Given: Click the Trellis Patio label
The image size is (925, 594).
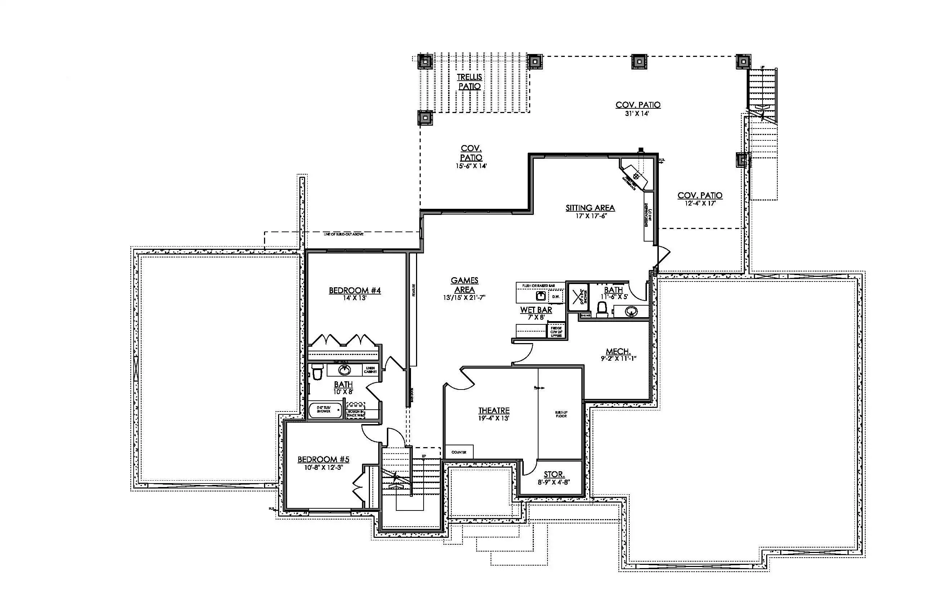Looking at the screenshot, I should tap(469, 81).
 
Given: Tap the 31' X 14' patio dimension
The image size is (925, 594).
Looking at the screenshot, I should tap(638, 114).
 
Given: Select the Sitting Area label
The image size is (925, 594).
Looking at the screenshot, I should tap(590, 208).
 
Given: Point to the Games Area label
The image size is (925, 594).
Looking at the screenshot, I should tap(464, 285).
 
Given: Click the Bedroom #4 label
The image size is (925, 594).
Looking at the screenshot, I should tap(355, 291).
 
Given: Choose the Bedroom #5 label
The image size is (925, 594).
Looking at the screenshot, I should tap(323, 459).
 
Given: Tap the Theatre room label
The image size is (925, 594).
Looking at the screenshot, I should tap(494, 411).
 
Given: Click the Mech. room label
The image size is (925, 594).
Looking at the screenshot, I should tap(618, 351).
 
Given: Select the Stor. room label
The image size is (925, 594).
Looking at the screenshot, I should tap(554, 474).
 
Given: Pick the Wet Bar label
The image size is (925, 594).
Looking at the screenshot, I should tap(536, 310).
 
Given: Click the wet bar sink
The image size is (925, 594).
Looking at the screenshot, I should tap(541, 296).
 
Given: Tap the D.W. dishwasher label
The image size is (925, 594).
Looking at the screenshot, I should tap(556, 297).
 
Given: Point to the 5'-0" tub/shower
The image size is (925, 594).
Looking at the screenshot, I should tap(325, 410).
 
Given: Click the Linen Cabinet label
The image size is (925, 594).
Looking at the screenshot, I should tap(370, 370).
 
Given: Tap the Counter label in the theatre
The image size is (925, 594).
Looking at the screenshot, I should tap(459, 452).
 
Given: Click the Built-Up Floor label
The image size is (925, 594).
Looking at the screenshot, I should tap(561, 414).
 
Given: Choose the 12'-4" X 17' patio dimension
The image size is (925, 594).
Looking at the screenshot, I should tap(700, 203).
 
